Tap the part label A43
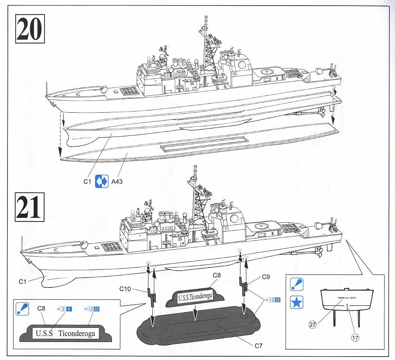117,181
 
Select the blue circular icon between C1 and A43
101,181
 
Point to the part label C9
266,277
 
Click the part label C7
258,346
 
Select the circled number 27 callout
313,325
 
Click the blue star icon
297,302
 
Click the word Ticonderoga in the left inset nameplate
77,333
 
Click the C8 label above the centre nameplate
217,275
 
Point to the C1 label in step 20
87,181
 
